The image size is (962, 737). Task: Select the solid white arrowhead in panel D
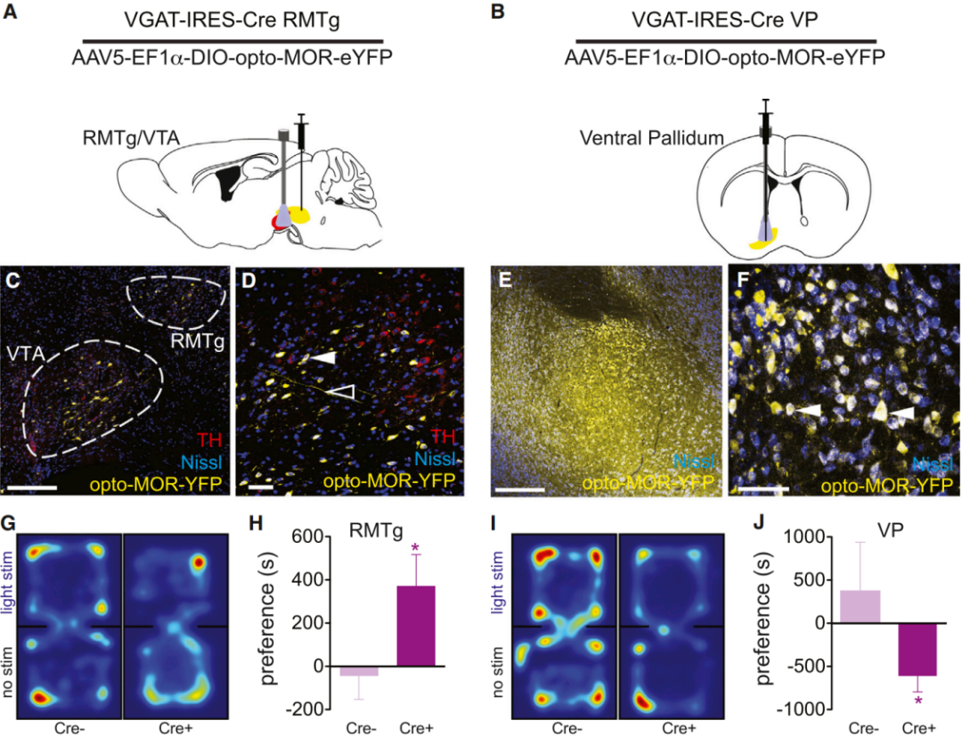pyautogui.click(x=322, y=357)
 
